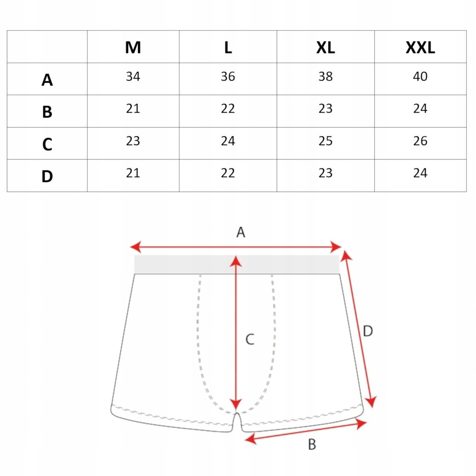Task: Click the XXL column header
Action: coord(420,48)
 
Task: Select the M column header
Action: coord(133,48)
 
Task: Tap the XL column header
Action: coord(325,48)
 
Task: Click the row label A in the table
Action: coord(47,80)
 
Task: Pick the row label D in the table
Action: coord(47,176)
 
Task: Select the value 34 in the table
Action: coord(133,76)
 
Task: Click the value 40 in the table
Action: coord(420,76)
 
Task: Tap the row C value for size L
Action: coord(228,141)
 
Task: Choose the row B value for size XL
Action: coord(325,108)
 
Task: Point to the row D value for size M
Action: coord(133,173)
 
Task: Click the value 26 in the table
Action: coord(420,141)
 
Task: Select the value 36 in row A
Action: coord(228,76)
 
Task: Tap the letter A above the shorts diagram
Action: coord(241,232)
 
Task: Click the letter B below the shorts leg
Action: coord(312,444)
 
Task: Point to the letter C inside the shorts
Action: coord(250,339)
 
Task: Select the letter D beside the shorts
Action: coord(368,331)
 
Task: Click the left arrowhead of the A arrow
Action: coord(135,247)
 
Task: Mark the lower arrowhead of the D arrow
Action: coord(371,402)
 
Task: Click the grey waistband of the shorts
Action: coord(237,264)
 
